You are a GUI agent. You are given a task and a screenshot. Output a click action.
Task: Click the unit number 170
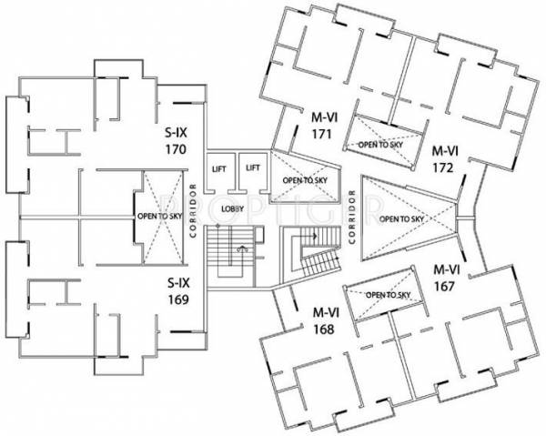coord(177,150)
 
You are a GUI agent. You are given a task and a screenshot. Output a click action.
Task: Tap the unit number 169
coord(177,298)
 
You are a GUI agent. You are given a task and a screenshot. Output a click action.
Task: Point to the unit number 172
coord(444,167)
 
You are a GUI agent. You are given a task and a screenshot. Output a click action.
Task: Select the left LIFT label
coord(218,168)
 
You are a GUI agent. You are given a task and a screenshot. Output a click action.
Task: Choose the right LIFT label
coord(253,168)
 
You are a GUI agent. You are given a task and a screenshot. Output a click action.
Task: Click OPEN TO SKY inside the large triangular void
coord(402,219)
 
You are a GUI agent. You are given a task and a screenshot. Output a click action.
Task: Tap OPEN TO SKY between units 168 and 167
coord(386,295)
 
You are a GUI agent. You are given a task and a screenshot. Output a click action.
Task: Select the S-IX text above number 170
coord(177,133)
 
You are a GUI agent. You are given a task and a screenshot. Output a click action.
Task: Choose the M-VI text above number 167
coord(446,269)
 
